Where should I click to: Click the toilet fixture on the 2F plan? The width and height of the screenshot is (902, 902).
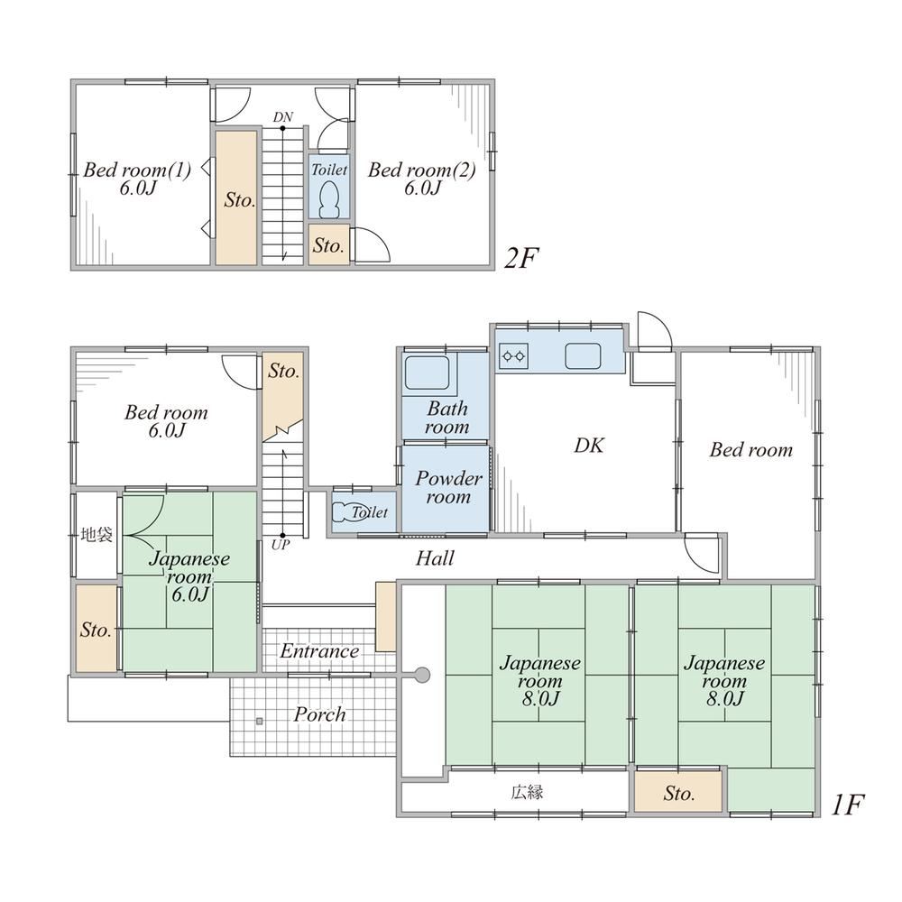[329, 199]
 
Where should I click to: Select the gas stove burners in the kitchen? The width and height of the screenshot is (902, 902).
[514, 356]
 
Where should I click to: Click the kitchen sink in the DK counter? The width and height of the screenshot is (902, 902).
[583, 356]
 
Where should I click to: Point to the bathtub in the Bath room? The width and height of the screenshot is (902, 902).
[427, 373]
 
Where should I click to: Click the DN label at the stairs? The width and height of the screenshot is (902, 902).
[283, 117]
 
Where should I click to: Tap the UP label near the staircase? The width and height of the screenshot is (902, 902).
[281, 544]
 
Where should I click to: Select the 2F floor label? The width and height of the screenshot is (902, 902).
[520, 259]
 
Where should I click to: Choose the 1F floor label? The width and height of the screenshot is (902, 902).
[848, 805]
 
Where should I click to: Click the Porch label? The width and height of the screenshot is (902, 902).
[320, 714]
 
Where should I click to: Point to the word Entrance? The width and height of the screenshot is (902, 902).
[320, 651]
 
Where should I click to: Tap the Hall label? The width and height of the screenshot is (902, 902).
[435, 558]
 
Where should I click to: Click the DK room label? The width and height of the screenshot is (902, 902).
[589, 446]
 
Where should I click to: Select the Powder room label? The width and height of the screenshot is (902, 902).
[448, 487]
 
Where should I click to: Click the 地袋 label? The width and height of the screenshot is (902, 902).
[97, 535]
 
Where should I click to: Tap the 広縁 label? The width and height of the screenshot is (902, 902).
[527, 793]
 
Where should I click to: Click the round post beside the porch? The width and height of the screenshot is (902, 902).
[422, 674]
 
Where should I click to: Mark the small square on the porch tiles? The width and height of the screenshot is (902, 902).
[260, 721]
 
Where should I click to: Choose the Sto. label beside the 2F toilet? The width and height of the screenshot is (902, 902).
[328, 245]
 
